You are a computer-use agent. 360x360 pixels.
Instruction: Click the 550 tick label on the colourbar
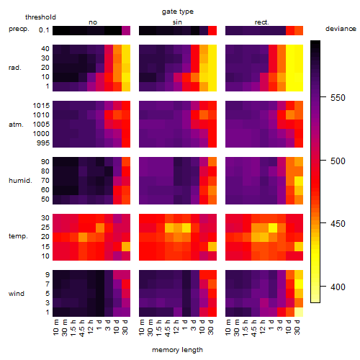pyautogui.click(x=338, y=98)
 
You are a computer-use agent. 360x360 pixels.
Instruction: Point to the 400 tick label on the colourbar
pyautogui.click(x=338, y=287)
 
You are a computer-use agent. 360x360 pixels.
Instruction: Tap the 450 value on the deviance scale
pyautogui.click(x=338, y=224)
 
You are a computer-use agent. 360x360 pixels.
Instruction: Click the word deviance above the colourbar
pyautogui.click(x=341, y=29)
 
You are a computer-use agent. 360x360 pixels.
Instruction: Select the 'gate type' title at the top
pyautogui.click(x=178, y=12)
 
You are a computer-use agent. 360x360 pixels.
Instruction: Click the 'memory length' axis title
pyautogui.click(x=177, y=350)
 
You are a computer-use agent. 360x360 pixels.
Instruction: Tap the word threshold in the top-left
pyautogui.click(x=40, y=17)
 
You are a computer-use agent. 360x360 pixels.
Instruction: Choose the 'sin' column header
pyautogui.click(x=177, y=22)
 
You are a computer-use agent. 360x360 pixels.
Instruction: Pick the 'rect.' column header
pyautogui.click(x=261, y=22)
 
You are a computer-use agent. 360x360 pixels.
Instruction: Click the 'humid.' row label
pyautogui.click(x=20, y=181)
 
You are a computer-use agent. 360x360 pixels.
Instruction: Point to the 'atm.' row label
pyautogui.click(x=16, y=125)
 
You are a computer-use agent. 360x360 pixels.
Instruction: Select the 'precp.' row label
pyautogui.click(x=19, y=29)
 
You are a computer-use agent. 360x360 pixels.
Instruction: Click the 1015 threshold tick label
pyautogui.click(x=41, y=106)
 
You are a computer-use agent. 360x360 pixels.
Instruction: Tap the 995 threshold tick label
pyautogui.click(x=43, y=143)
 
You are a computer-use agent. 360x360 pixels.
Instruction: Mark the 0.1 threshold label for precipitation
pyautogui.click(x=44, y=30)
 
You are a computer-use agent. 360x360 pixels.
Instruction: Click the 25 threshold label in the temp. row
pyautogui.click(x=45, y=228)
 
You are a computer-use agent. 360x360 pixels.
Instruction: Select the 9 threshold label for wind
pyautogui.click(x=48, y=275)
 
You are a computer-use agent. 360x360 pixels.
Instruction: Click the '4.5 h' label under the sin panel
pyautogui.click(x=167, y=328)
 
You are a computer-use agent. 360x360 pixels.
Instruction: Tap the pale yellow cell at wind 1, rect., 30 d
pyautogui.click(x=299, y=312)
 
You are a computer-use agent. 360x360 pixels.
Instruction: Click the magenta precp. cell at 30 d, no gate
pyautogui.click(x=126, y=30)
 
